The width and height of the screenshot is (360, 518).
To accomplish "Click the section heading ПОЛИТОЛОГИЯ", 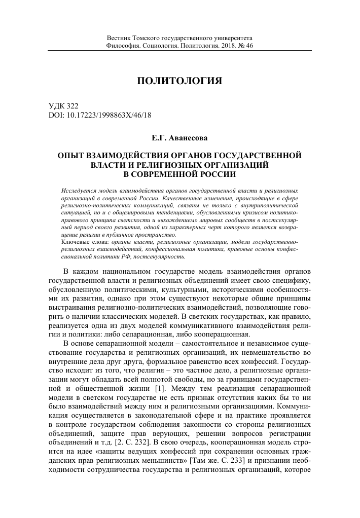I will click(180, 81).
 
